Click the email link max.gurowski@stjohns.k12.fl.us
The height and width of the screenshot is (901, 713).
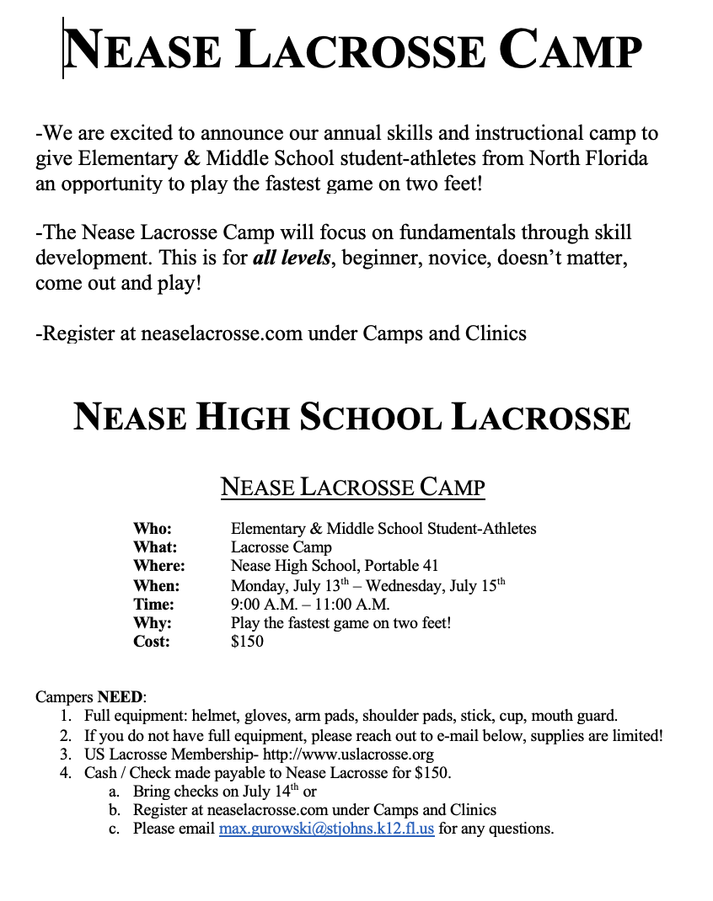point(326,829)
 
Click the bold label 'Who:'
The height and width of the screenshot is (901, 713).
point(152,529)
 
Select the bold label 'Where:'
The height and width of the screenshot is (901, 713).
point(158,566)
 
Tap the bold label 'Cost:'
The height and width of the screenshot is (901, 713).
point(152,641)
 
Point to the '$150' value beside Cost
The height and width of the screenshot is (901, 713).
point(247,641)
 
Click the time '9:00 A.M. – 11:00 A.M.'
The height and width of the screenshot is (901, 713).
point(310,604)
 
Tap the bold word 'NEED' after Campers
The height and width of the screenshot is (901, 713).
point(121,697)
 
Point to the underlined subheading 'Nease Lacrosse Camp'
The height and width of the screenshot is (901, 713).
point(352,487)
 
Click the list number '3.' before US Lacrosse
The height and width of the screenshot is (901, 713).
point(66,754)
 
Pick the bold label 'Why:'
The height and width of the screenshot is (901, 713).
point(152,623)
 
